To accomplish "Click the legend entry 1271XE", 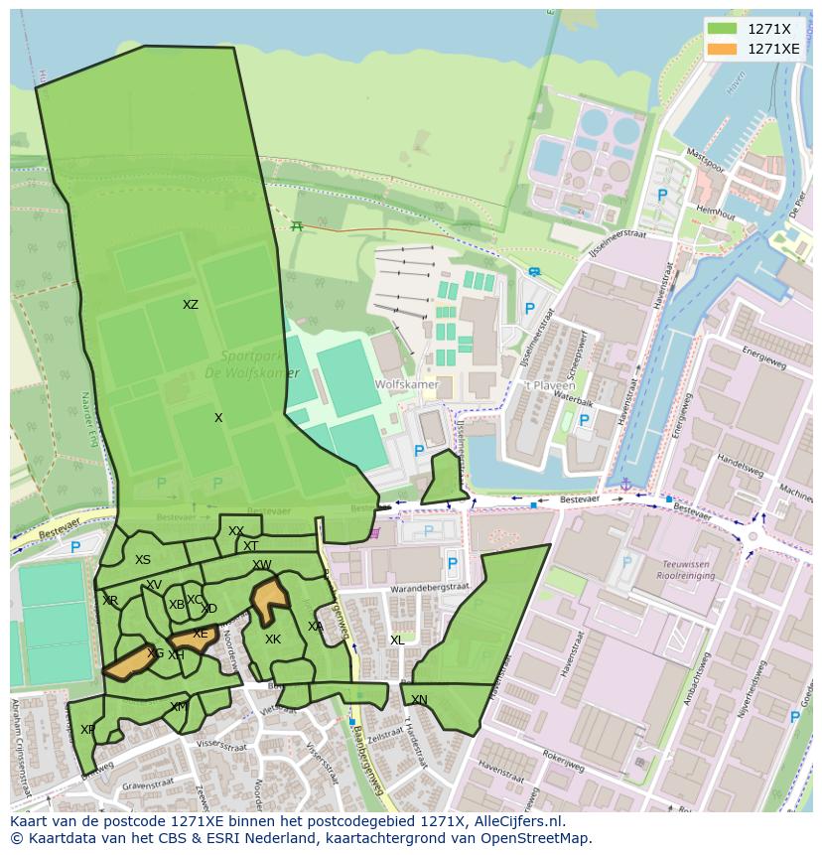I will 773,49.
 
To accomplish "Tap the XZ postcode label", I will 191,305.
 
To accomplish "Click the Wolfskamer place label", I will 406,383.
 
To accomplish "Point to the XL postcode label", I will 397,641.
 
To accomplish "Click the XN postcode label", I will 419,700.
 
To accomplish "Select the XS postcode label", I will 143,560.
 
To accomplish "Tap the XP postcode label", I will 87,729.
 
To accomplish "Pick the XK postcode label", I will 273,640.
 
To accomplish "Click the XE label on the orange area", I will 201,634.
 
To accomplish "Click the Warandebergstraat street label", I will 429,588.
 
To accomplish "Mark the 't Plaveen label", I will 543,386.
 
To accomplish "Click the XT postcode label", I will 250,546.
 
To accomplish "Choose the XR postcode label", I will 110,601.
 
